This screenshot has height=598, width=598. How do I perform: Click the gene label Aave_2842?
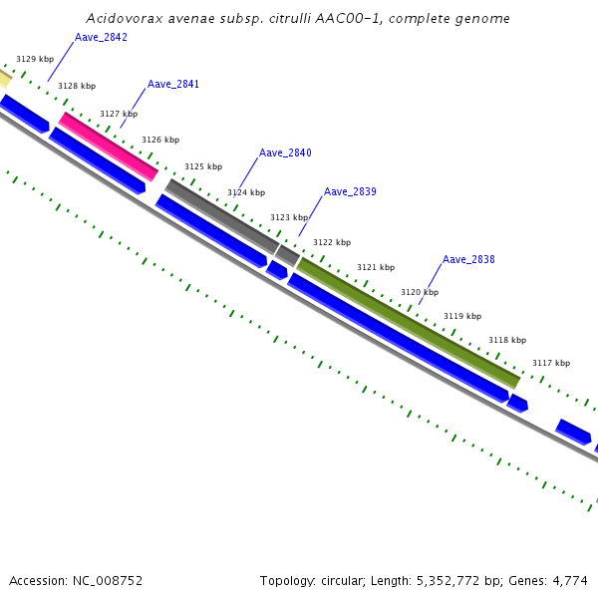[101, 37]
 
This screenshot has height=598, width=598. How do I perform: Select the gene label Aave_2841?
[173, 84]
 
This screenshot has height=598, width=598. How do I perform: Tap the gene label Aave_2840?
[285, 152]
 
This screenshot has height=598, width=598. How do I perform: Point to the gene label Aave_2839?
[350, 191]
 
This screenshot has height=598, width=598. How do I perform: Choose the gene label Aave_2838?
[468, 259]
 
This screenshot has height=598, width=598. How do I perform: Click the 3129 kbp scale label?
[34, 60]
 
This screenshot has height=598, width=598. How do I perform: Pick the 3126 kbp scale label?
[160, 140]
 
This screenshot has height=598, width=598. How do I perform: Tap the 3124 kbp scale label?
[246, 192]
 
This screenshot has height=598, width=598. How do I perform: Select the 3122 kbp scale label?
[332, 242]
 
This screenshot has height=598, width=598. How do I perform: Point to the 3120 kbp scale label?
[420, 292]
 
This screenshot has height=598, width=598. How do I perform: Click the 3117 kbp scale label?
[551, 363]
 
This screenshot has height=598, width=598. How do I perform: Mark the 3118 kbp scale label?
[507, 340]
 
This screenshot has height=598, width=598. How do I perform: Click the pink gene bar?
[109, 147]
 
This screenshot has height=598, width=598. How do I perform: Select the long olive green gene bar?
[408, 322]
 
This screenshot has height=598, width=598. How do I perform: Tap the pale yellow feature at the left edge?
[5, 77]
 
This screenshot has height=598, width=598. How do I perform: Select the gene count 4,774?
[570, 580]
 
